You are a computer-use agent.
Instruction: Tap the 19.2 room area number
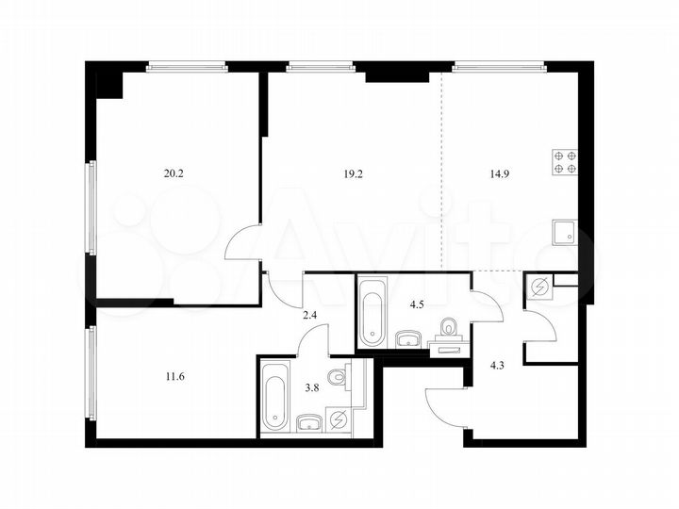(352, 172)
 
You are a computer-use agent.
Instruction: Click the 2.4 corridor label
(308, 316)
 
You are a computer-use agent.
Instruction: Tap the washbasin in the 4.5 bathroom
(409, 337)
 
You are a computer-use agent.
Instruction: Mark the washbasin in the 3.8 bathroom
(307, 421)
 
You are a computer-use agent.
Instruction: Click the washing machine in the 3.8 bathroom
(338, 421)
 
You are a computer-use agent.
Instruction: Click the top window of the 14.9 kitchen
(499, 66)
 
